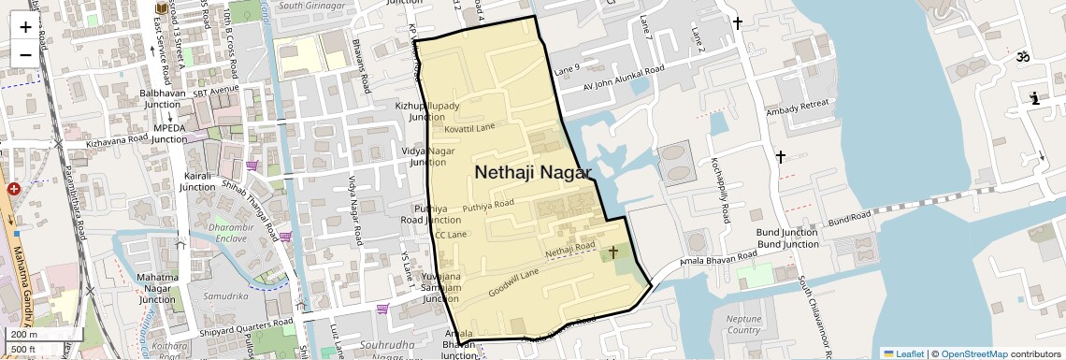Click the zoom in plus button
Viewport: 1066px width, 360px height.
coord(25,26)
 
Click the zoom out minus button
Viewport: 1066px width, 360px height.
coord(25,53)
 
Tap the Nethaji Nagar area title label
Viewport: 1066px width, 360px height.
coord(533,172)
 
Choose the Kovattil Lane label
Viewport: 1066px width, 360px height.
coord(469,128)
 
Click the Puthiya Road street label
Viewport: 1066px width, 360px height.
coord(488,204)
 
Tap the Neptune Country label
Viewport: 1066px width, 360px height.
coord(744,324)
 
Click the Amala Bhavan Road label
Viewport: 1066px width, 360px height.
coord(717,261)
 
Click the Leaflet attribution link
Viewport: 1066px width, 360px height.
coord(903,353)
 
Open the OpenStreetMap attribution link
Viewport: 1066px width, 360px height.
coord(974,353)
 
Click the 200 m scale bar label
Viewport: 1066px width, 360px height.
coord(25,335)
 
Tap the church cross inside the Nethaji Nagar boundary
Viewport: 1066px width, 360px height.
coord(613,252)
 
